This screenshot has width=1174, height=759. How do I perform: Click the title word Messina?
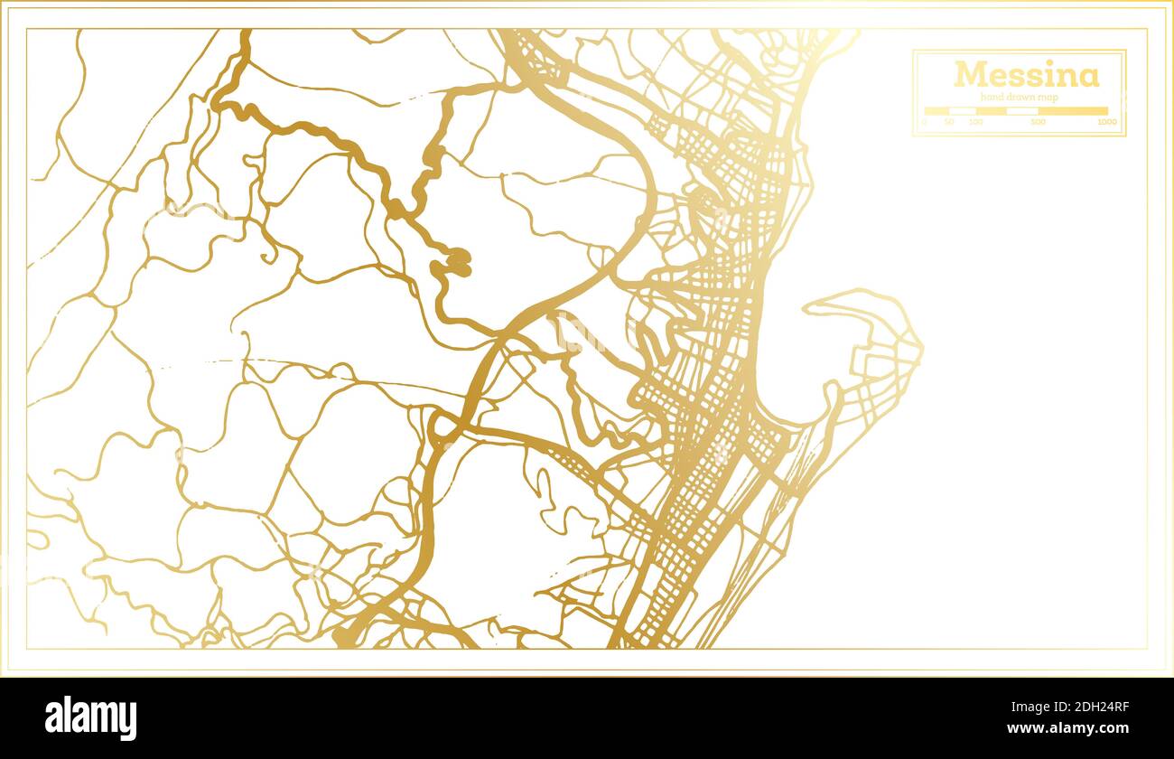tap(1027, 74)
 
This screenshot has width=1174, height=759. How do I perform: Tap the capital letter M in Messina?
tap(967, 74)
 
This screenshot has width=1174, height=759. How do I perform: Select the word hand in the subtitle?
tap(992, 97)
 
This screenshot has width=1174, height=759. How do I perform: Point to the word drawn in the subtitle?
tap(1019, 97)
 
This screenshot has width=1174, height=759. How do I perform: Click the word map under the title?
tap(1046, 97)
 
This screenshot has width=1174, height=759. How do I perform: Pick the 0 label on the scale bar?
tap(924, 122)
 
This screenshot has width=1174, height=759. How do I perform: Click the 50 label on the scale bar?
tap(949, 122)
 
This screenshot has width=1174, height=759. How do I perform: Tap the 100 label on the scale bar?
tap(975, 122)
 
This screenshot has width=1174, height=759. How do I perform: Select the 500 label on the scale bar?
tap(1039, 122)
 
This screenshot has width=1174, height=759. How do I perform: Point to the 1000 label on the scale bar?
tap(1107, 122)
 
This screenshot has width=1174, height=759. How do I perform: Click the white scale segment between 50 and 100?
tap(963, 111)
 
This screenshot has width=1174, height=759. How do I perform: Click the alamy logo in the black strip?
tap(90, 718)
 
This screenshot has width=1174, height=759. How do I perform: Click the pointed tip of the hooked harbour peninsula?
tap(806, 307)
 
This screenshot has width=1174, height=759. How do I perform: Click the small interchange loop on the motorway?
tap(443, 427)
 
